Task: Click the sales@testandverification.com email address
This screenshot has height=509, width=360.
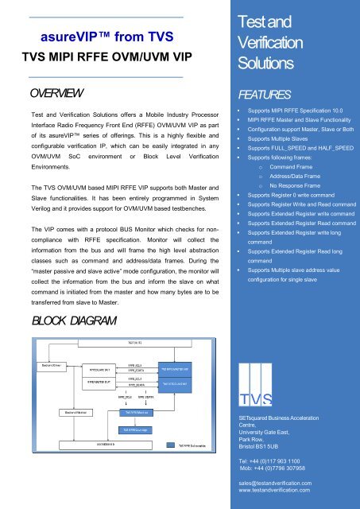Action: (x=288, y=482)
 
